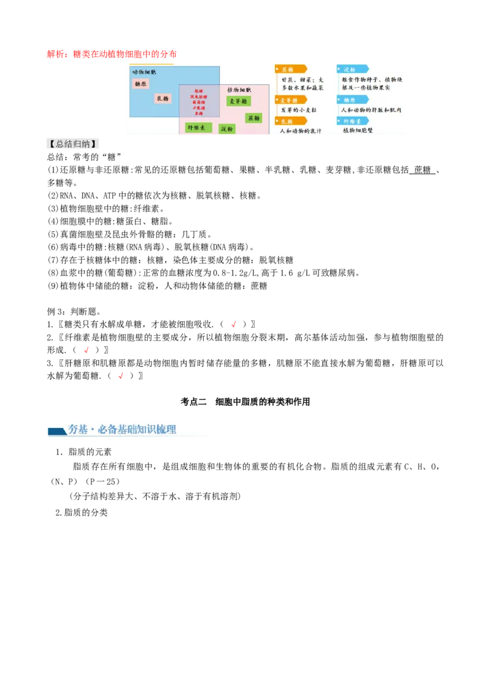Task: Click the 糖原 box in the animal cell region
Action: pyautogui.click(x=140, y=83)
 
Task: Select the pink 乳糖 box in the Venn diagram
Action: pyautogui.click(x=163, y=98)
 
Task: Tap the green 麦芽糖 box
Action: pyautogui.click(x=238, y=101)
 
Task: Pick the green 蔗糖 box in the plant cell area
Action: pyautogui.click(x=253, y=117)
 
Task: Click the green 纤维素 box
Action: pyautogui.click(x=198, y=128)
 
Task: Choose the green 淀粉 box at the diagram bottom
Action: pyautogui.click(x=227, y=129)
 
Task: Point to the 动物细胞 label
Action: pyautogui.click(x=144, y=72)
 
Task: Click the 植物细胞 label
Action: pyautogui.click(x=239, y=90)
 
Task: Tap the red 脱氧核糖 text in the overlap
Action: pyautogui.click(x=199, y=97)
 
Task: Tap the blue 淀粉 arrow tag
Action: pyautogui.click(x=352, y=69)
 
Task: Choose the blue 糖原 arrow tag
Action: pyautogui.click(x=352, y=99)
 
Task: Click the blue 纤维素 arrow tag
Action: pyautogui.click(x=352, y=121)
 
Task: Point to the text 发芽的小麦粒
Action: pyautogui.click(x=299, y=110)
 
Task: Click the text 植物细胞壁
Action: pyautogui.click(x=358, y=131)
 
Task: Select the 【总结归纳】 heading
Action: pyautogui.click(x=74, y=145)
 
